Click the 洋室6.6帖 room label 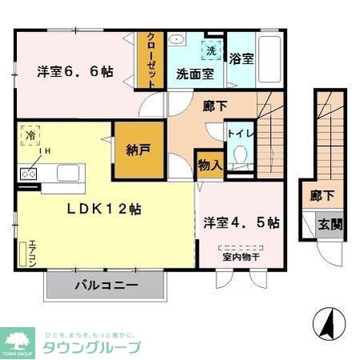[x=75, y=71]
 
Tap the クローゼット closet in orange [x=149, y=60]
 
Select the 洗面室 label [x=195, y=74]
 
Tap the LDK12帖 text [x=103, y=208]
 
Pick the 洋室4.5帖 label [x=241, y=221]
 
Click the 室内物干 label [x=241, y=257]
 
